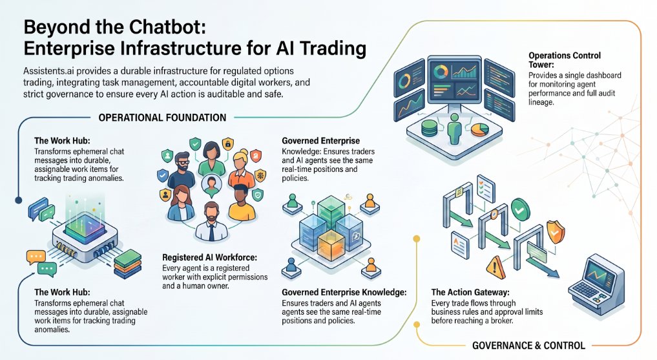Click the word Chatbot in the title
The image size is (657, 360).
tap(168, 27)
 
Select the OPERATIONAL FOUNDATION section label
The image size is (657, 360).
tap(162, 118)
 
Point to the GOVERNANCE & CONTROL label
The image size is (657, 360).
tap(529, 346)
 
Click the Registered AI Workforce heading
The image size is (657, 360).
tap(209, 257)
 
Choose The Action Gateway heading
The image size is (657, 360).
tap(470, 292)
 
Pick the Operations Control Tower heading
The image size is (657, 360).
tap(565, 60)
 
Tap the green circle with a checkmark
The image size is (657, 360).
tap(520, 209)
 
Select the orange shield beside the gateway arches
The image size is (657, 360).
tap(556, 232)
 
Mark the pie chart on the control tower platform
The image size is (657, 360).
tap(480, 129)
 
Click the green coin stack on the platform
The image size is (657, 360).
tap(429, 128)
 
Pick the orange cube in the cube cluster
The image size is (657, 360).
tap(331, 246)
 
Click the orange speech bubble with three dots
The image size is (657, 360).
tap(36, 257)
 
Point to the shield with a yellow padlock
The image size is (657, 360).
tap(227, 143)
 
